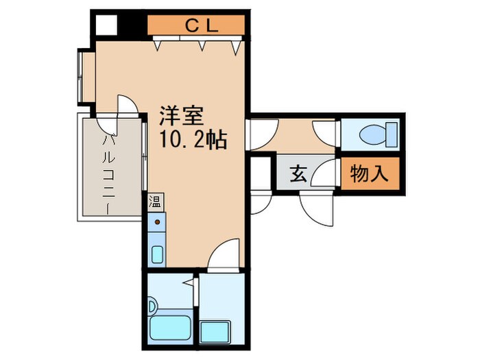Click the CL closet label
point(202,26)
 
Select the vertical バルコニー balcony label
point(108,175)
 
